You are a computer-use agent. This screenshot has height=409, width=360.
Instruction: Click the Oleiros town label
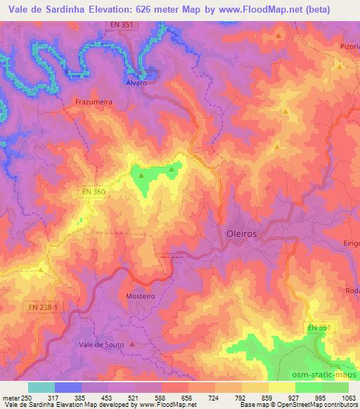pos(242,233)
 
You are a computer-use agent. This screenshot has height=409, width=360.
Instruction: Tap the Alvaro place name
pos(136,82)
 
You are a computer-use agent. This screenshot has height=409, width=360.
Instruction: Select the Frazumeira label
pos(93,102)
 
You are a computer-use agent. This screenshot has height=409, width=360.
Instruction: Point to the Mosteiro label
pos(140,297)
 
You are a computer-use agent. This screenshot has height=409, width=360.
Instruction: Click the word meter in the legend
pos(11,397)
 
